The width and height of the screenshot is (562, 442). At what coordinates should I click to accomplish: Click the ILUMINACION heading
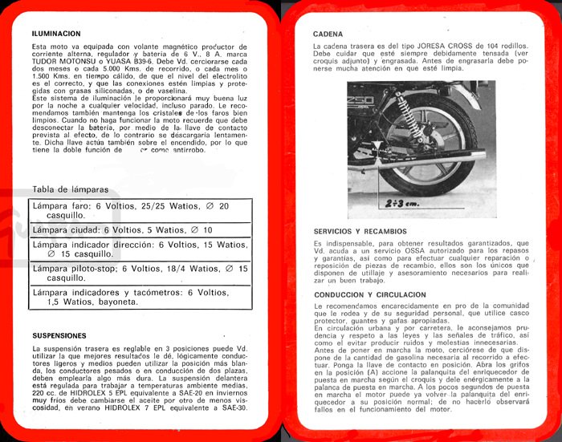tap(56, 34)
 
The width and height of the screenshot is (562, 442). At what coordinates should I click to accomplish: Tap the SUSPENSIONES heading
tap(59, 335)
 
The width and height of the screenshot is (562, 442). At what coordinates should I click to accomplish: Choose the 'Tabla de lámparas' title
tap(70, 189)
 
